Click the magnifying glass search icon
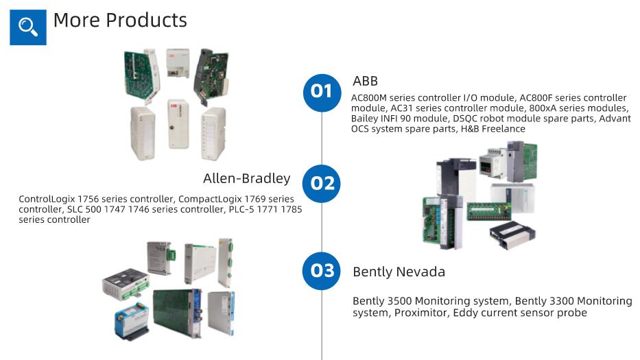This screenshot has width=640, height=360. tap(27, 27)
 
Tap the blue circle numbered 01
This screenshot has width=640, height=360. tap(322, 93)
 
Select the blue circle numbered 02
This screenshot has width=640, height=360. tap(322, 184)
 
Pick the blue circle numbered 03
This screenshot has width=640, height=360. tap(322, 271)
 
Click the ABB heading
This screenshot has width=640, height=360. tap(366, 81)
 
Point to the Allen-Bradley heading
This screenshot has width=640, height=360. tap(246, 178)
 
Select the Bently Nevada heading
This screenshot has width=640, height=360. tap(399, 272)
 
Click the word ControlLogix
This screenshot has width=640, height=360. tap(47, 199)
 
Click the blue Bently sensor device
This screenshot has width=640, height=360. tap(132, 320)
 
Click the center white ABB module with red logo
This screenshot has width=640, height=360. tap(178, 124)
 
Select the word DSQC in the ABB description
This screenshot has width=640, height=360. tap(464, 119)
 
